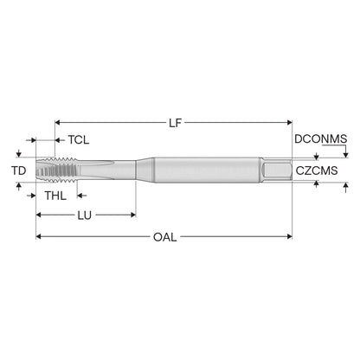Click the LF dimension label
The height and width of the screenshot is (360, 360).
point(176,123)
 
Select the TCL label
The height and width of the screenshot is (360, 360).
point(79,140)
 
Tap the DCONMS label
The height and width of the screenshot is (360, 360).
point(320,139)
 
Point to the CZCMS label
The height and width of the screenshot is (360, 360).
point(317,170)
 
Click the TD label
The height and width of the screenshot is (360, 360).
point(19,170)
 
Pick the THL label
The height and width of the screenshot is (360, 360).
point(55,196)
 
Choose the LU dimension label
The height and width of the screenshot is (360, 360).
point(84,215)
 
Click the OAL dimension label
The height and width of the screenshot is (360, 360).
point(164,237)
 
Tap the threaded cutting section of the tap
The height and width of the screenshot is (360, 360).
point(56,170)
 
